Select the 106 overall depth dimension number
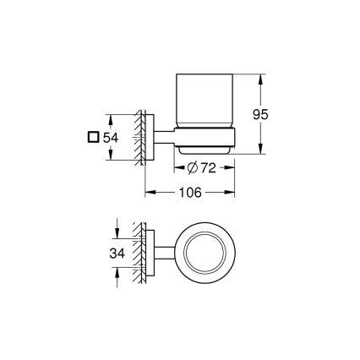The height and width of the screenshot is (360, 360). pos(190,193)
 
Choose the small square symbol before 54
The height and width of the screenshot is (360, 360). pos(93,136)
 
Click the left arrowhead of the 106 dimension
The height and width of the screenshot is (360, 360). pos(150,193)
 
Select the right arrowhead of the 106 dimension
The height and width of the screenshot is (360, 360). pos(232,193)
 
